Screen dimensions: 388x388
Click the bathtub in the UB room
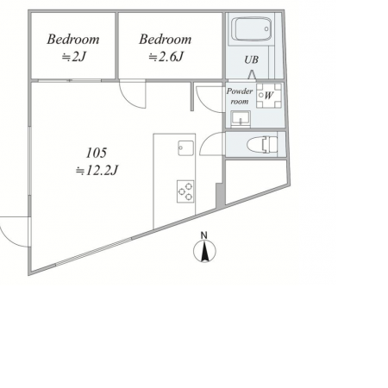pos(252,29)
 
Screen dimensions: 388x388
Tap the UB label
pos(251,59)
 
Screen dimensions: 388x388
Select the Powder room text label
pos(240,96)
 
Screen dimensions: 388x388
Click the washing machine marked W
pos(269,96)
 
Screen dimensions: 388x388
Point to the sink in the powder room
pos(241,119)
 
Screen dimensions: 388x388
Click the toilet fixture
pos(262,145)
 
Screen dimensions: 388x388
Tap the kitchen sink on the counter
pos(185,148)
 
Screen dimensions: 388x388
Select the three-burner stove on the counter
pos(185,191)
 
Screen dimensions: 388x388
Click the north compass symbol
pos(204,251)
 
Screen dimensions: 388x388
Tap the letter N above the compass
pos(204,235)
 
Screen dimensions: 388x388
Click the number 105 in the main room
pos(97,153)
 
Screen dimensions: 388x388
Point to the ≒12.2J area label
pos(97,171)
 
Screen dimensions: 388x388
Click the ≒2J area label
pos(74,57)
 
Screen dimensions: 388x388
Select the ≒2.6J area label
pos(166,57)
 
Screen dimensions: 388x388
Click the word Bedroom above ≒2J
pos(73,40)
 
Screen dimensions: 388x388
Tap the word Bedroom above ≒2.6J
pos(166,40)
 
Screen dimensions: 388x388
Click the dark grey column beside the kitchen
pos(220,195)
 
